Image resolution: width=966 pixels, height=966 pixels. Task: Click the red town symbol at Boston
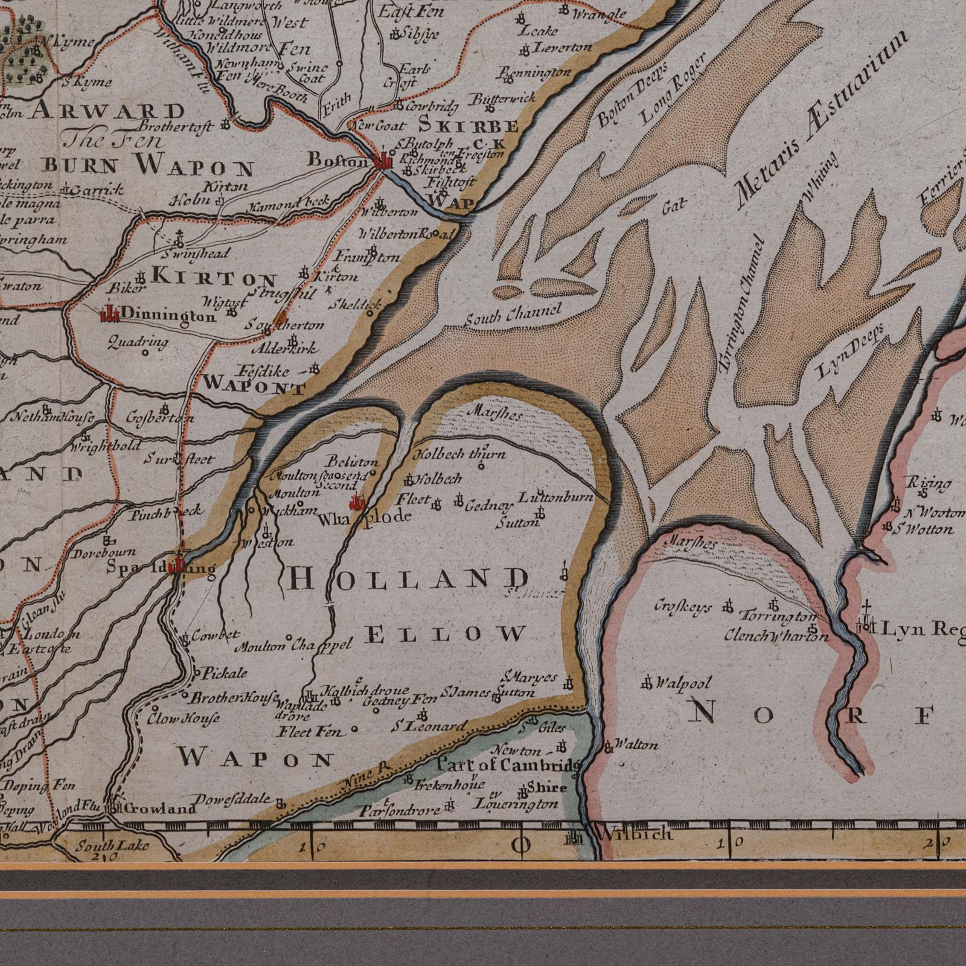pos(383,161)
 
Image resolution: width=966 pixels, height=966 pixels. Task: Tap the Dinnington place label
pos(168,315)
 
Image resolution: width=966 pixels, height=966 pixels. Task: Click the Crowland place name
pos(161,808)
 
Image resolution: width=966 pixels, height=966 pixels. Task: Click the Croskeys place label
pos(683,607)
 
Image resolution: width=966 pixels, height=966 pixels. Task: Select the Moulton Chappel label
pos(293,646)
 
